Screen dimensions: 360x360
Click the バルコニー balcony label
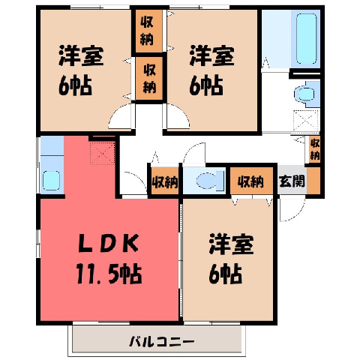tap(161, 341)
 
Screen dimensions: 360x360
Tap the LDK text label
tap(109, 244)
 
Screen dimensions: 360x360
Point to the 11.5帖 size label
tap(109, 274)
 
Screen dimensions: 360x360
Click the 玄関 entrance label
tap(292, 181)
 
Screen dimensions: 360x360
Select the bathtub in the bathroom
tap(307, 38)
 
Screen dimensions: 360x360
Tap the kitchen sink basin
tap(51, 180)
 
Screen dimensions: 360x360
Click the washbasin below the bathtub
tap(304, 94)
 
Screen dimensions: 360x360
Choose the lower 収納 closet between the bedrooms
tap(149, 78)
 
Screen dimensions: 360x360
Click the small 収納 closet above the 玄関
tap(315, 149)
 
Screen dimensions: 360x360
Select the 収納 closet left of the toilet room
tap(165, 181)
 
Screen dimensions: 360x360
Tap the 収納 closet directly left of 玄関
tap(251, 181)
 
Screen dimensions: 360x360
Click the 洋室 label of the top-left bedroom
tap(81, 55)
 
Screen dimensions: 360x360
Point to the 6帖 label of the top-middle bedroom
tap(206, 85)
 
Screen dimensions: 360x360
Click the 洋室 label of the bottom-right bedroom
tap(232, 244)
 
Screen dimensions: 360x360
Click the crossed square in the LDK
tap(103, 153)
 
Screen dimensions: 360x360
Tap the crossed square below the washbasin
tap(306, 121)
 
